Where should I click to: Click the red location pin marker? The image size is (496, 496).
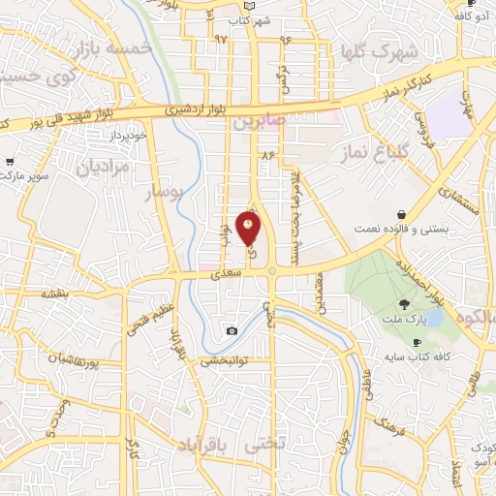point(249,230)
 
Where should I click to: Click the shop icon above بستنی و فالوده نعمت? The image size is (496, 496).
point(400,215)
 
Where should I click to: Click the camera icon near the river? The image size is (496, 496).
point(232,332)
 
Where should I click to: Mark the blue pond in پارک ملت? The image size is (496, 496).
point(433,317)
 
